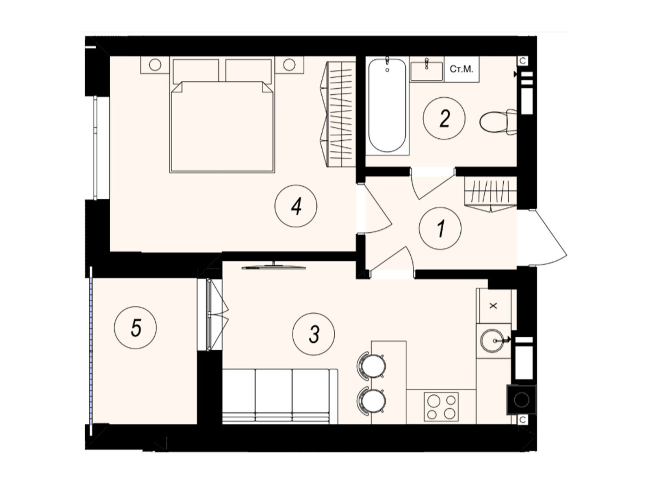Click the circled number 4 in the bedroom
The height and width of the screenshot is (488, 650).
click(x=295, y=206)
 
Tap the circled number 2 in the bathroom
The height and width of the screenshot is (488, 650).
click(x=444, y=118)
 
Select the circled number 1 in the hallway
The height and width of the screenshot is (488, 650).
click(x=440, y=228)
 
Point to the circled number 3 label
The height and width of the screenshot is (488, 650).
click(x=313, y=334)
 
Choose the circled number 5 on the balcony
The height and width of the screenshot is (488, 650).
click(x=135, y=327)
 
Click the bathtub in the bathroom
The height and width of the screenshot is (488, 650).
click(x=387, y=105)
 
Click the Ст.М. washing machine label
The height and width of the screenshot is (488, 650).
click(x=461, y=69)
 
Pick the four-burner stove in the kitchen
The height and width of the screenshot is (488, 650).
click(x=441, y=406)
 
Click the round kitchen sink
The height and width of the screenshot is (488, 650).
click(x=493, y=341)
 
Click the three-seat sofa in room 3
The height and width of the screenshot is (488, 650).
click(x=280, y=396)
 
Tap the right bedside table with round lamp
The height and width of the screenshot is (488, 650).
click(x=289, y=65)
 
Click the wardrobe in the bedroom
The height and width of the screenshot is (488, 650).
click(x=341, y=114)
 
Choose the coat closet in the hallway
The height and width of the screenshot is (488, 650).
click(x=491, y=194)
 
